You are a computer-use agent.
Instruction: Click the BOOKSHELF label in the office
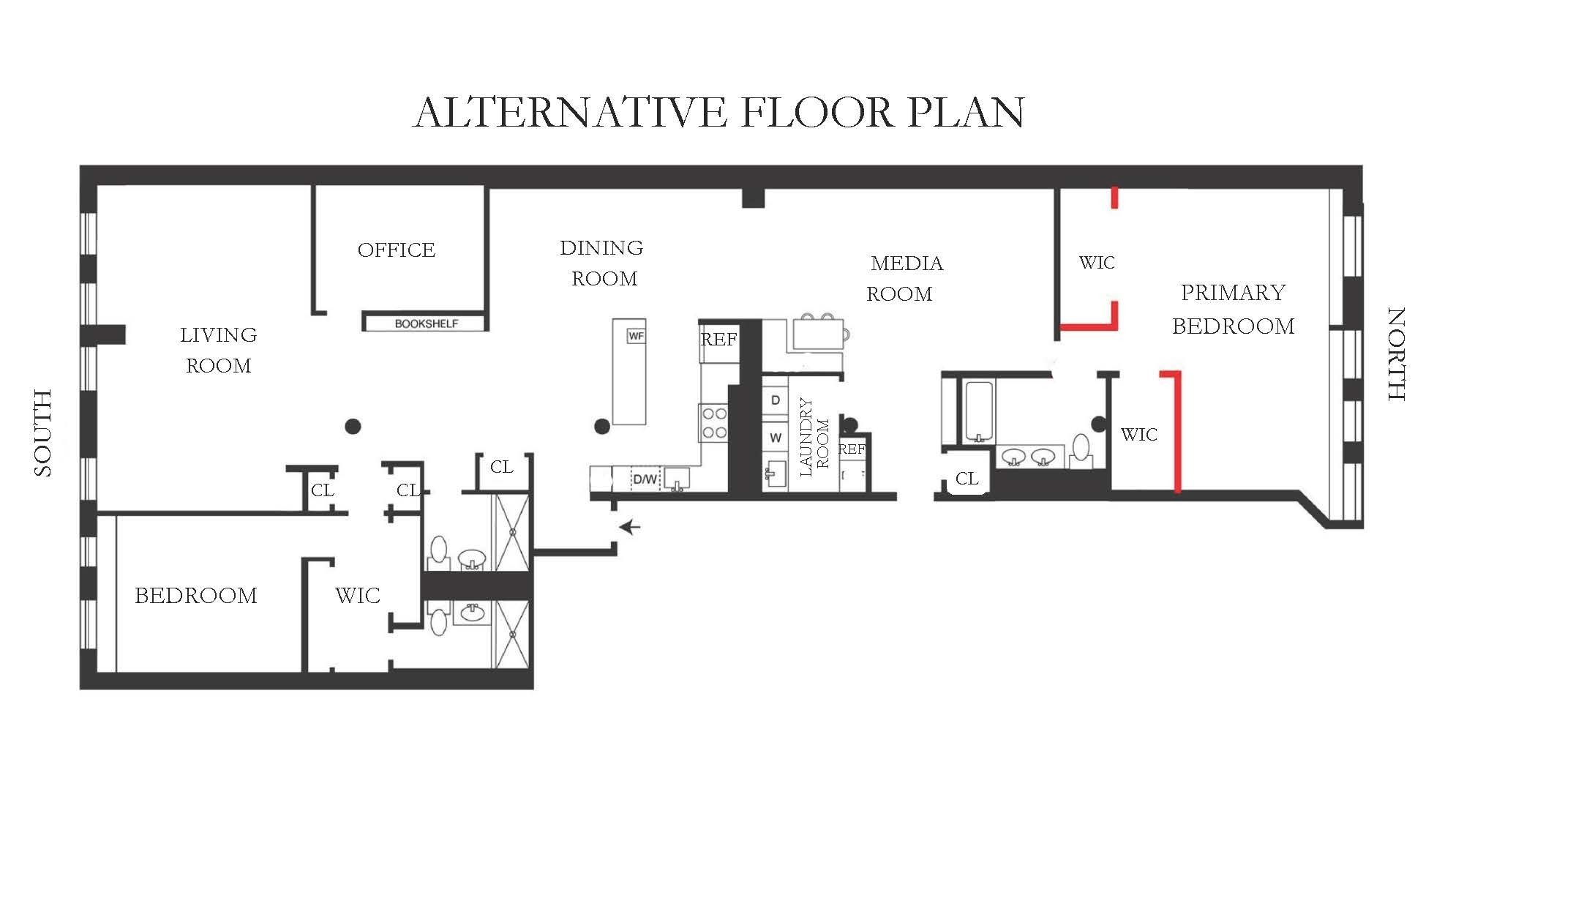coord(427,323)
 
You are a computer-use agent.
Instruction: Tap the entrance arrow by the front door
coord(630,527)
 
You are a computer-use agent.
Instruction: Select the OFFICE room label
coord(397,250)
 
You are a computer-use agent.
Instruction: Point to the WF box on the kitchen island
coord(637,336)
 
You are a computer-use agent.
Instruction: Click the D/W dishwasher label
coord(645,480)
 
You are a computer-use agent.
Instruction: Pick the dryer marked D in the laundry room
coord(776,400)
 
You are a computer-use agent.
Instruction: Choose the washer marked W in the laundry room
coord(776,438)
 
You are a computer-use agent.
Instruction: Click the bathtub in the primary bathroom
coord(979,411)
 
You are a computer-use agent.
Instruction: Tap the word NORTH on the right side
coord(1397,354)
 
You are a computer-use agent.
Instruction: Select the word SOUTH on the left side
coord(43,433)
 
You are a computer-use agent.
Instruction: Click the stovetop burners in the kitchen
coord(714,423)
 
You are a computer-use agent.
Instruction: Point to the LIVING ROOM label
coord(219,351)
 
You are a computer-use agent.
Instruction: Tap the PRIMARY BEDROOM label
coord(1234,309)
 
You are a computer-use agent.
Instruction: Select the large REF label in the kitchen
coord(718,340)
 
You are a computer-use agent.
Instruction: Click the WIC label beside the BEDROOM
coord(358,596)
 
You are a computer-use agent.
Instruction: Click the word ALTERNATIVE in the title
coord(571,113)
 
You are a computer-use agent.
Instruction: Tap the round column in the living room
coord(353,426)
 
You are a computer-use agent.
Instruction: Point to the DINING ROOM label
coord(602,263)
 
